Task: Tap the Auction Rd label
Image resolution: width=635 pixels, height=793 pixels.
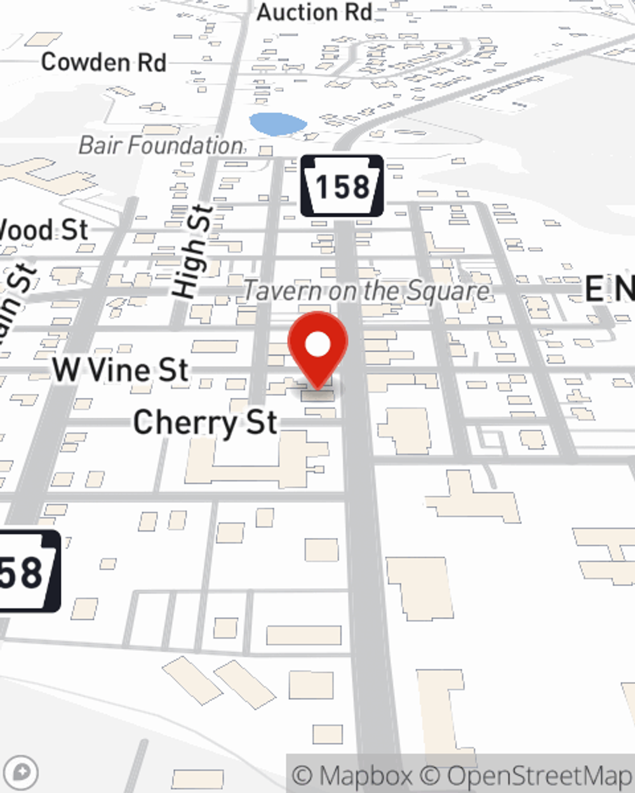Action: (x=314, y=12)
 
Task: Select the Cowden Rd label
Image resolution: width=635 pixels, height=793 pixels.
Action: (x=104, y=62)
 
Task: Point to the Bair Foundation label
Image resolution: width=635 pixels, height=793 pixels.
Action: (x=161, y=145)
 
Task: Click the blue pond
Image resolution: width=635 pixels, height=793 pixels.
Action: (x=277, y=124)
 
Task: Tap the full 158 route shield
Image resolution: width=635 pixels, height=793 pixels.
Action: (x=342, y=186)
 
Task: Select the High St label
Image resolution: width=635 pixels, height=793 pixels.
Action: (x=192, y=252)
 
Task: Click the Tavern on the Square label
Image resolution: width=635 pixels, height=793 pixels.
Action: (x=366, y=291)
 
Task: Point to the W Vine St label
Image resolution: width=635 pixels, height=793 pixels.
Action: (x=121, y=370)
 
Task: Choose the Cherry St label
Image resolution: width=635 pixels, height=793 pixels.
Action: (x=205, y=423)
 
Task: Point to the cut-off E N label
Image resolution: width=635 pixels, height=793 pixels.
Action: (x=608, y=289)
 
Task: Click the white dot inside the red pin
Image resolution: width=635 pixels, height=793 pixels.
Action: (x=318, y=345)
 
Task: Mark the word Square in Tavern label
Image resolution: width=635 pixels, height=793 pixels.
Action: (x=448, y=291)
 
